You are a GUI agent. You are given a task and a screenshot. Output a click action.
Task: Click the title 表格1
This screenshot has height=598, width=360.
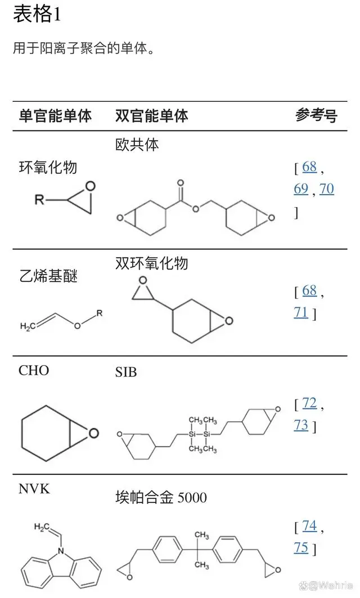(x=37, y=15)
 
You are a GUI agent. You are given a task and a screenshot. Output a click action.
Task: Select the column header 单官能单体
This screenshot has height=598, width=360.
(x=55, y=116)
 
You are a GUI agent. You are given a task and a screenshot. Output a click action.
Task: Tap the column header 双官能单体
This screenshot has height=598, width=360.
(x=151, y=116)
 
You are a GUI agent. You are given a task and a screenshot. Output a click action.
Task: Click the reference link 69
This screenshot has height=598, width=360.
(x=301, y=189)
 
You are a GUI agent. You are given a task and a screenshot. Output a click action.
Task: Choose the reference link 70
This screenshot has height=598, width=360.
(x=327, y=189)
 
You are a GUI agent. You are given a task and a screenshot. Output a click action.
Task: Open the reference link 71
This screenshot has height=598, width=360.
(x=301, y=312)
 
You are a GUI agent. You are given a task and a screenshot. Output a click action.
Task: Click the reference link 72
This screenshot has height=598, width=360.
(x=309, y=403)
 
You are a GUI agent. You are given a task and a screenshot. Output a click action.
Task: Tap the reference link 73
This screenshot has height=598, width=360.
(x=301, y=425)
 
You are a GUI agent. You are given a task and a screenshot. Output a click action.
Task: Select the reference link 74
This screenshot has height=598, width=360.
(x=309, y=526)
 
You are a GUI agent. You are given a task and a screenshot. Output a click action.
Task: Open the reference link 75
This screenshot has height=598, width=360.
(x=301, y=548)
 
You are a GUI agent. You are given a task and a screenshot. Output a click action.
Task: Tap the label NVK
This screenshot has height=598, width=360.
(x=34, y=488)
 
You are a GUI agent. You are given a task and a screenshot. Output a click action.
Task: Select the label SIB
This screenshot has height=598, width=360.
(x=126, y=372)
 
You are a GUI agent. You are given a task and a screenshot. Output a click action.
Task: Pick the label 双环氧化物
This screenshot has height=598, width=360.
(x=151, y=263)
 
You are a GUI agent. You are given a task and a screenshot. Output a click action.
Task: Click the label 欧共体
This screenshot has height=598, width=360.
(x=137, y=145)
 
